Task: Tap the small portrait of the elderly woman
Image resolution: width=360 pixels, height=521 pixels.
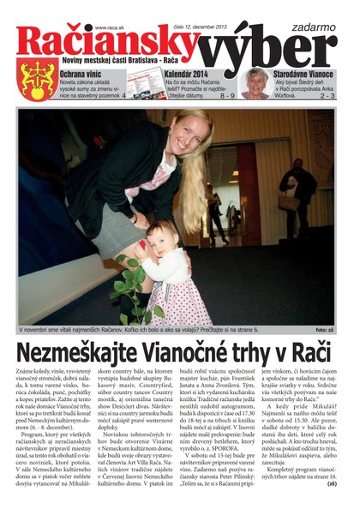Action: pyautogui.click(x=255, y=83)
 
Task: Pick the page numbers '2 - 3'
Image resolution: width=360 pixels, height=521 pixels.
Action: pyautogui.click(x=327, y=96)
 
